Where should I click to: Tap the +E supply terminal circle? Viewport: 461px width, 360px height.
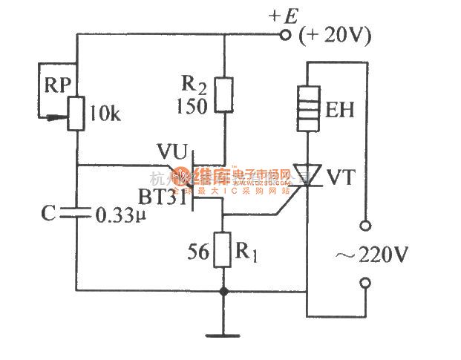(x=283, y=34)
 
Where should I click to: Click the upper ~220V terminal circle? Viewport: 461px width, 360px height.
(x=364, y=224)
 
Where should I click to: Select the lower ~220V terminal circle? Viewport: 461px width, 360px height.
(x=364, y=282)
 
